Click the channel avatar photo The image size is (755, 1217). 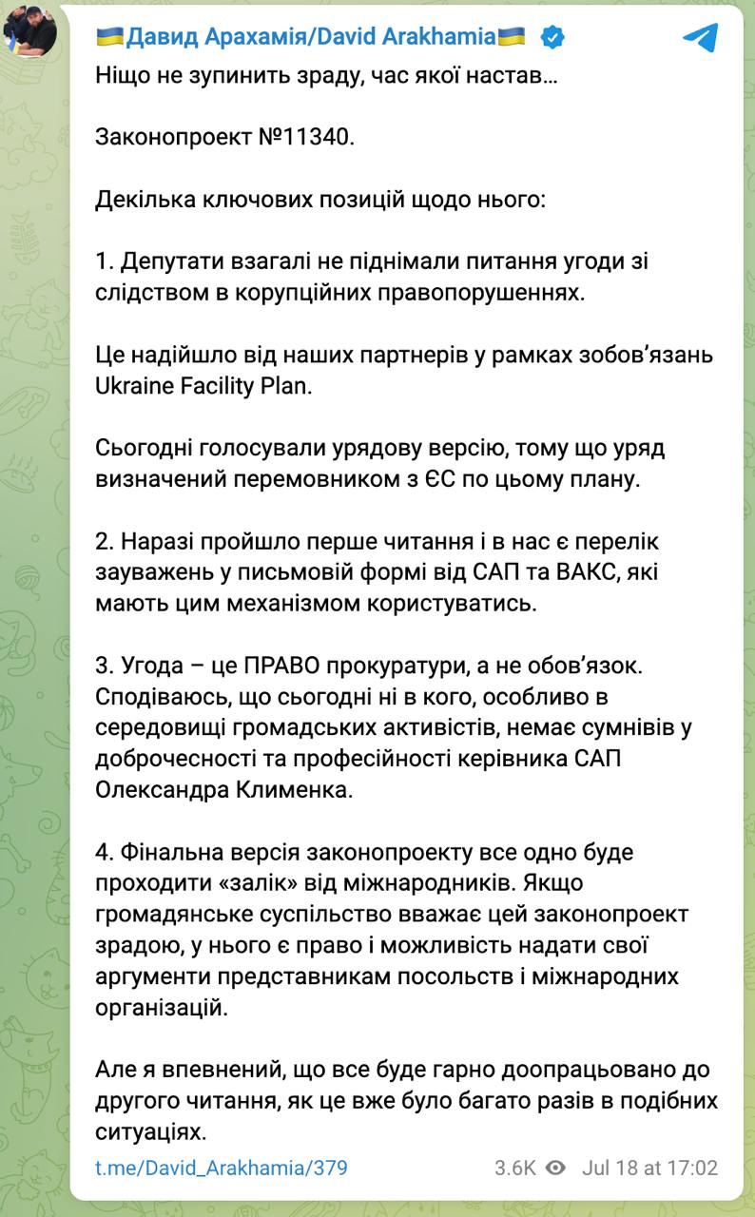pos(30,30)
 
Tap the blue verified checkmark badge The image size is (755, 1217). pos(553,38)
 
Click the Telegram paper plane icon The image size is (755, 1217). pos(701,38)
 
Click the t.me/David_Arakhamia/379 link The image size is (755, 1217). pos(222,1168)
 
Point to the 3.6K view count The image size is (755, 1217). pos(514,1168)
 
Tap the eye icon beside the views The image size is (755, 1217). pos(556,1168)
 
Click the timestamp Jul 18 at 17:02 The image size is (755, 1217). pos(649,1168)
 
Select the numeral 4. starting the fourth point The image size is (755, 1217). pos(105,851)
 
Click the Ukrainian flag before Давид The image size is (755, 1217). pos(109,38)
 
